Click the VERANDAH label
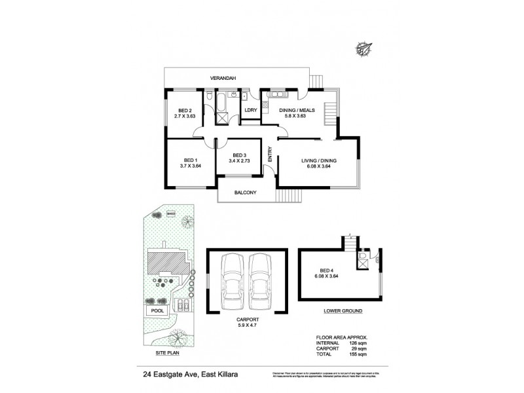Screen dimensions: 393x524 pyautogui.click(x=223, y=79)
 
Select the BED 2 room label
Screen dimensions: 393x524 pyautogui.click(x=185, y=111)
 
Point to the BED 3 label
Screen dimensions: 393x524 pyautogui.click(x=240, y=155)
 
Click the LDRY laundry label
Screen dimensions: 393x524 pyautogui.click(x=250, y=110)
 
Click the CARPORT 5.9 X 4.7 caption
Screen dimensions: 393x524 pyautogui.click(x=247, y=322)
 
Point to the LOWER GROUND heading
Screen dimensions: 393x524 pyautogui.click(x=340, y=310)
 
